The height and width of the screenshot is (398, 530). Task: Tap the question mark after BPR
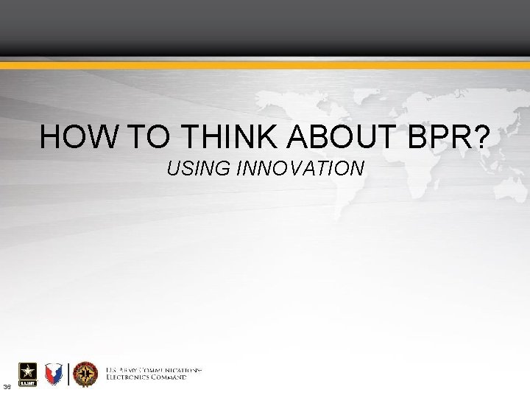(x=478, y=137)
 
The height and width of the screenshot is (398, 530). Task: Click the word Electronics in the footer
(x=130, y=377)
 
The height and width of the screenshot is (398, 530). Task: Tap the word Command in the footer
(x=170, y=377)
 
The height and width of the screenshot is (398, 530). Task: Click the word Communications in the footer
(x=173, y=369)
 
